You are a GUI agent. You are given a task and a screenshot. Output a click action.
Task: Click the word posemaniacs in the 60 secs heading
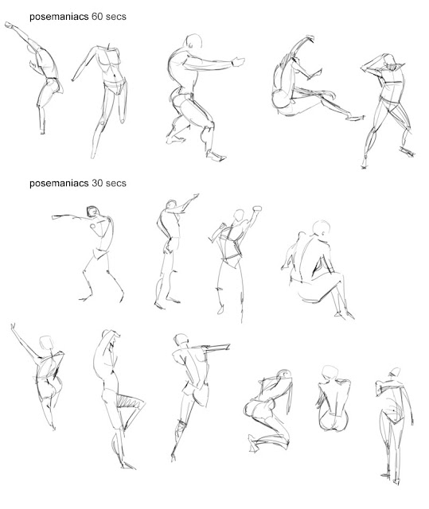click(x=59, y=17)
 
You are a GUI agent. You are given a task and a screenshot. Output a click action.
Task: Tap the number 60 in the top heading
click(x=97, y=16)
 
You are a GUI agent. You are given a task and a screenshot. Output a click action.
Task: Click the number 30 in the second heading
click(x=97, y=183)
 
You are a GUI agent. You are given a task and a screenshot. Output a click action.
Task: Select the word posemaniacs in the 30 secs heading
click(x=59, y=184)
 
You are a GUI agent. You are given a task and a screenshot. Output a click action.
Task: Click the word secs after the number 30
click(x=116, y=183)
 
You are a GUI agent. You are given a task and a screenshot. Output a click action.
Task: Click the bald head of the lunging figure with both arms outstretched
click(x=193, y=41)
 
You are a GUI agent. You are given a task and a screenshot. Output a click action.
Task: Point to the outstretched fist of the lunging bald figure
click(x=239, y=62)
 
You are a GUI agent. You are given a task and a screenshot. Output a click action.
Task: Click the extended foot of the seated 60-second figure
click(x=355, y=118)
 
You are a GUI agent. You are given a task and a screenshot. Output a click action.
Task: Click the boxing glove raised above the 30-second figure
click(x=257, y=208)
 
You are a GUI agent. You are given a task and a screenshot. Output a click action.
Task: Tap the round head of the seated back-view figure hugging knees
click(x=322, y=228)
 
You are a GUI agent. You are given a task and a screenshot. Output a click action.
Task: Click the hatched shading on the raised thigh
click(x=129, y=402)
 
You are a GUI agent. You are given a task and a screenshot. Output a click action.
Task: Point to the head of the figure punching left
click(x=92, y=212)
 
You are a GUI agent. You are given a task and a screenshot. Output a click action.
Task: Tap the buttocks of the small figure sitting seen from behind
click(x=333, y=422)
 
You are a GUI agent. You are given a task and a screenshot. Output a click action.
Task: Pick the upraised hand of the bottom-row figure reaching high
click(x=13, y=326)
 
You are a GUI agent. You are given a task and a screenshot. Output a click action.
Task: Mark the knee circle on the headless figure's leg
click(x=103, y=122)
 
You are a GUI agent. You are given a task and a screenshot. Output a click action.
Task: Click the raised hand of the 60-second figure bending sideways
click(x=9, y=25)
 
